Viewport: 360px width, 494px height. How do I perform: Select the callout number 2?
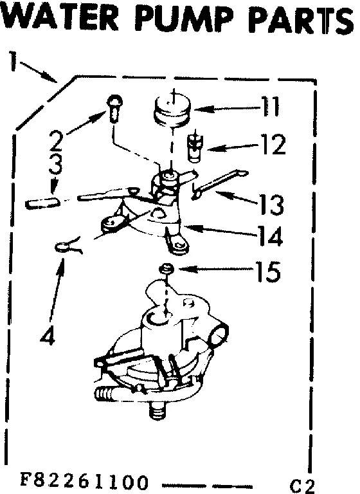click(x=56, y=140)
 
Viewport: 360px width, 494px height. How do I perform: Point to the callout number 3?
click(x=56, y=165)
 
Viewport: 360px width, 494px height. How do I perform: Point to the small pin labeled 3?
click(x=44, y=203)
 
